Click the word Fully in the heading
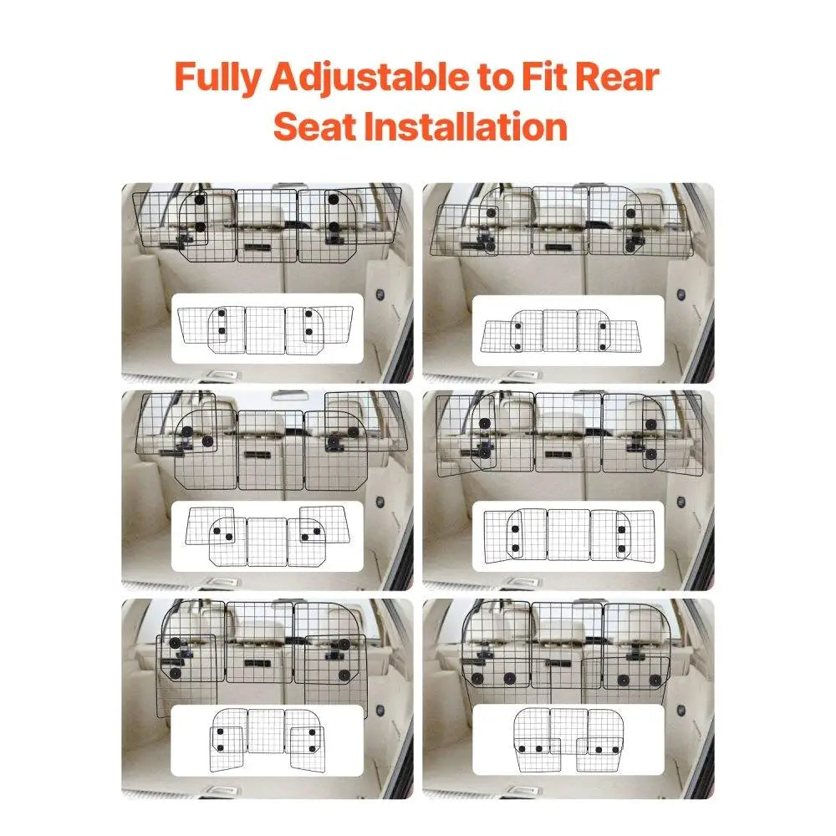219,78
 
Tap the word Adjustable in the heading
370,78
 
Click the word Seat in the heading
313,126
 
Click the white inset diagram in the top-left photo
267,328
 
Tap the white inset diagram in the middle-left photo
267,535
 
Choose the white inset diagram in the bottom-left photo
267,740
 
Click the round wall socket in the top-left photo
380,295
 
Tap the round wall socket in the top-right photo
681,295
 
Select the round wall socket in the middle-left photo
380,502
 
